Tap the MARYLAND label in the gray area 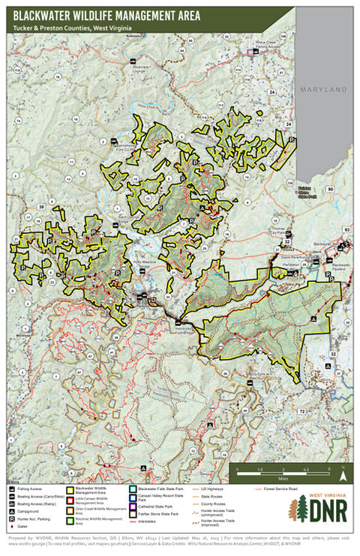coord(323,90)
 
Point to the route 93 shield coord(346,229)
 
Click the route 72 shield coord(300,411)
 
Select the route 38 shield coord(40,207)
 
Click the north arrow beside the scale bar coord(342,474)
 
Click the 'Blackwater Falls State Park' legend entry coord(157,488)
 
